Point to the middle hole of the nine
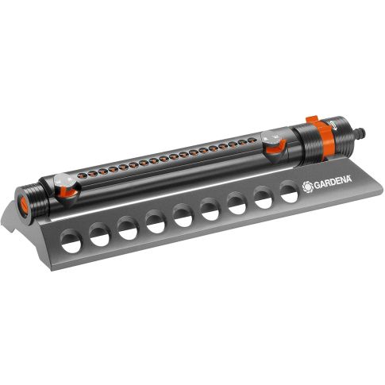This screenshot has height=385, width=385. click(183, 215)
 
